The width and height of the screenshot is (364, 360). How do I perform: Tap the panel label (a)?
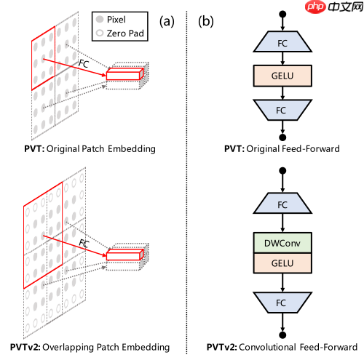click(x=168, y=20)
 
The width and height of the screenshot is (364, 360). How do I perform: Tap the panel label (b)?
click(x=207, y=20)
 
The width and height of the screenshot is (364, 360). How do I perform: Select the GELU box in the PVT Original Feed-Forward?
click(x=282, y=74)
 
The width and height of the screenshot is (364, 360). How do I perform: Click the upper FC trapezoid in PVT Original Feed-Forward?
click(x=282, y=43)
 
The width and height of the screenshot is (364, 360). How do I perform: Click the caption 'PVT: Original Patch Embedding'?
click(x=90, y=149)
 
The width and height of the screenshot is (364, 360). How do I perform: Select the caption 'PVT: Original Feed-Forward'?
click(x=282, y=149)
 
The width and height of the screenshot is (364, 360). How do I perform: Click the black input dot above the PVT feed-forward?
click(x=282, y=12)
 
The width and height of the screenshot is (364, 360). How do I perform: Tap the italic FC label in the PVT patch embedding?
click(x=85, y=63)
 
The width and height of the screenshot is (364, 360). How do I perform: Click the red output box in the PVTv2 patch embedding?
click(x=125, y=254)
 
